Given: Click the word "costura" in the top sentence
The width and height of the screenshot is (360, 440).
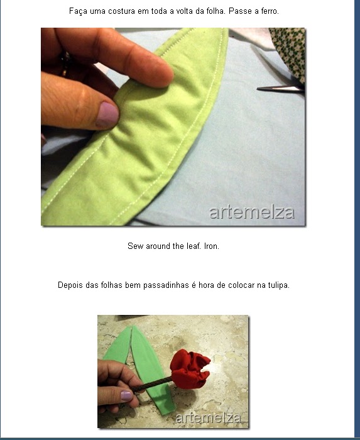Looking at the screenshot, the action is [122, 11].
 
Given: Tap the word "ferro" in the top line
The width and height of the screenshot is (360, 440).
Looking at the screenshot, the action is [270, 11].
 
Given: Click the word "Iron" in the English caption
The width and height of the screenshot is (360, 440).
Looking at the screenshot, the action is [212, 246].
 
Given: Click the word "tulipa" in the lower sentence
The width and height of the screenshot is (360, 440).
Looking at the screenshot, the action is [279, 285].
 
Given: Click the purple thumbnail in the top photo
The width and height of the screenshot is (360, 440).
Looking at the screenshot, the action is [107, 114].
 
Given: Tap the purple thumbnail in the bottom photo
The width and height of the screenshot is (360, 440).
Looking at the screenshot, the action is [126, 395].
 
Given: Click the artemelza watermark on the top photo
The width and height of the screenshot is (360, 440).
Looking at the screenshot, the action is [252, 212].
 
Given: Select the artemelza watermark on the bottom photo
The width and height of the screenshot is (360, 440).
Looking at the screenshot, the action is [208, 418].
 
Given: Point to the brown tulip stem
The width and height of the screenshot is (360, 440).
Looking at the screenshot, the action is [151, 384].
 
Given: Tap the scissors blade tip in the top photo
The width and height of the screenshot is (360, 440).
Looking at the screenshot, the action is [258, 89].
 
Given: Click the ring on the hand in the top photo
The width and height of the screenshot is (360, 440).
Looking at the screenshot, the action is [65, 65].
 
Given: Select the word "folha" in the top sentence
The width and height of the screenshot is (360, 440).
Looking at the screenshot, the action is [216, 11].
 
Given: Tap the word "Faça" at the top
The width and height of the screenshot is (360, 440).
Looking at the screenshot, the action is [79, 11].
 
